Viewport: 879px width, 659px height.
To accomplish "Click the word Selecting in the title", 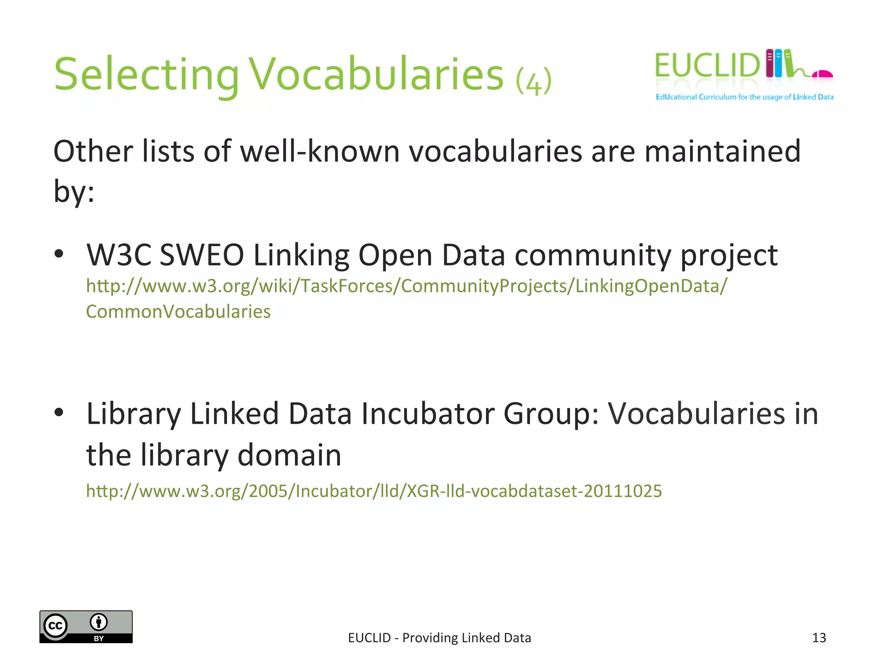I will coord(146,75).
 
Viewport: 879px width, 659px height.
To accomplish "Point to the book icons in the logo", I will coord(779,63).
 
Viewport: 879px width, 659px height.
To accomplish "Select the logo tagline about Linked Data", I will coord(744,97).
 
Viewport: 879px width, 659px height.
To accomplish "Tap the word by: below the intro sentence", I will coord(73,191).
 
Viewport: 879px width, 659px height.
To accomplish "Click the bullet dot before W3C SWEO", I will coord(59,254).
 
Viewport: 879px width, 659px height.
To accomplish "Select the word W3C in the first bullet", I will coord(119,255).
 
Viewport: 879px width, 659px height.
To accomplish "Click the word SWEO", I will coord(202,255).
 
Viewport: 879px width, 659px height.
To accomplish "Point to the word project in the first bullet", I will coord(729,256).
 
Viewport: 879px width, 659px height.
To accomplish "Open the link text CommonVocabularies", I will coord(178,311).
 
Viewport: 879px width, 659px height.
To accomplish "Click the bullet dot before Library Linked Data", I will coord(59,412).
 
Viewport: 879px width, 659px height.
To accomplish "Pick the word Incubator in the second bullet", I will coord(427,414).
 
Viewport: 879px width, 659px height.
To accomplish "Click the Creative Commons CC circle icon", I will coord(56,626).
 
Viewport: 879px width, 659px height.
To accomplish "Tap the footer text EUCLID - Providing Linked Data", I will coord(439,638).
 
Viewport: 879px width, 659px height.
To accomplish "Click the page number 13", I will coord(819,638).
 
